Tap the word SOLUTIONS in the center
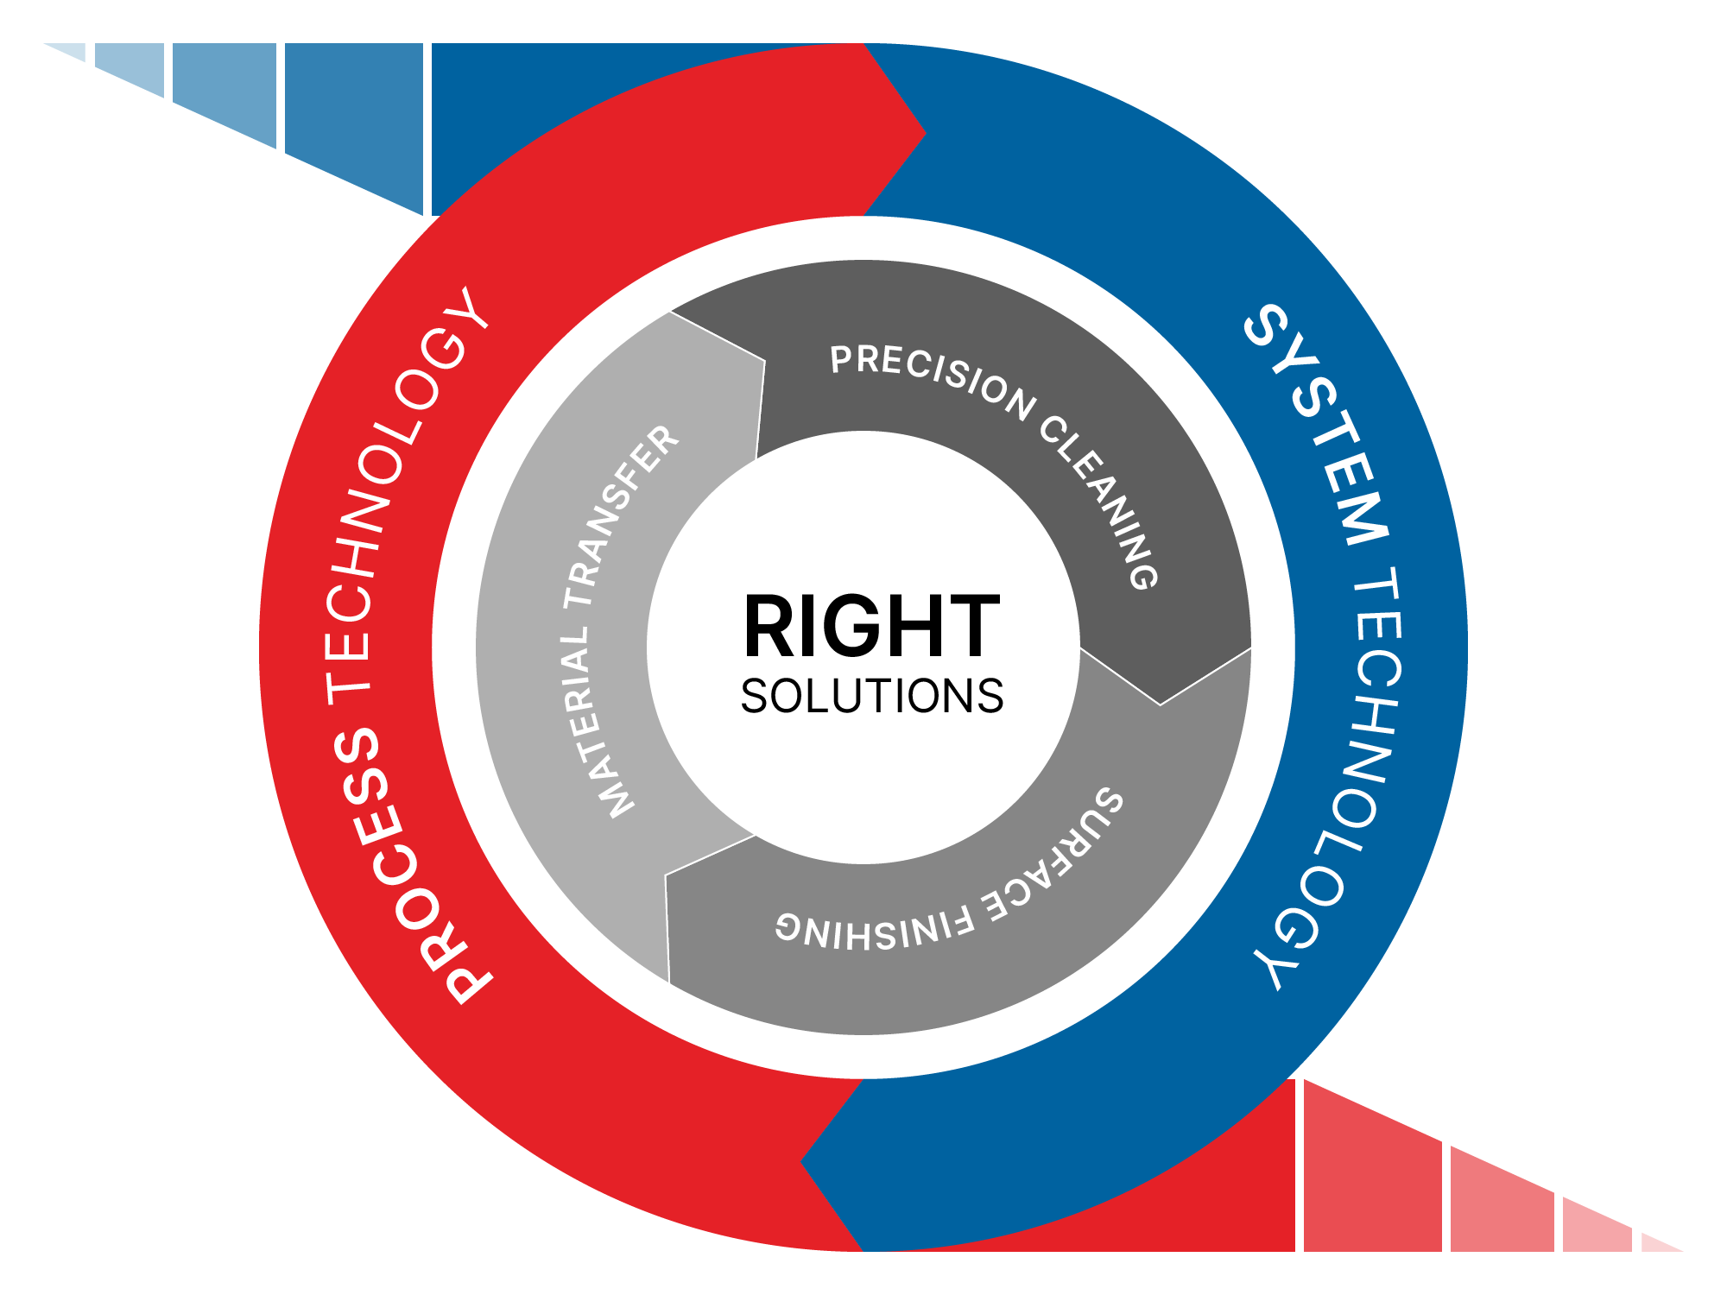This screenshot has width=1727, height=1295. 871,696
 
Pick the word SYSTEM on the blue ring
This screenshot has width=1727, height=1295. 1321,423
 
